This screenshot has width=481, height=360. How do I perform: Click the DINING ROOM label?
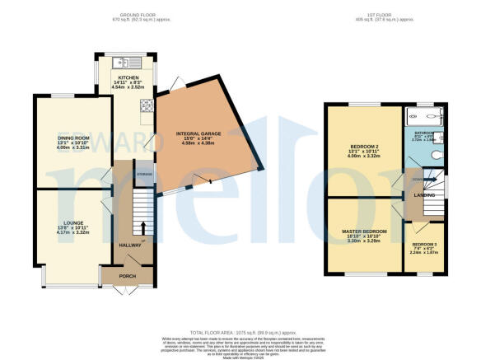click(72, 138)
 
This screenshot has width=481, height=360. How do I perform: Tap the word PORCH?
click(128, 276)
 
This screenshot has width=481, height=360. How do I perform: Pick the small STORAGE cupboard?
click(145, 174)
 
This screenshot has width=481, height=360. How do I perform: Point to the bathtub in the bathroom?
click(425, 115)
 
